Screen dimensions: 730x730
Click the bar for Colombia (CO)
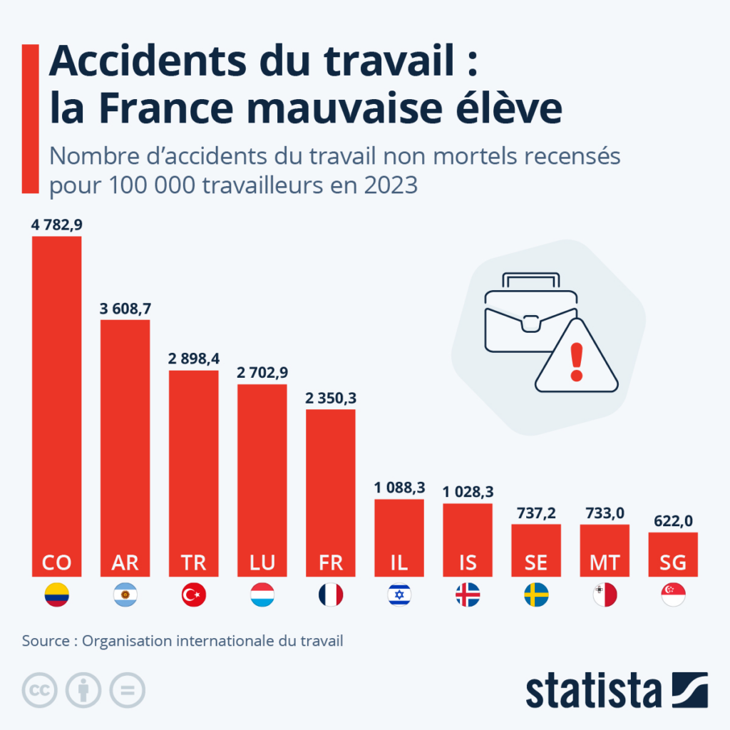57,399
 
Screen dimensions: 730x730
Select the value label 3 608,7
125,309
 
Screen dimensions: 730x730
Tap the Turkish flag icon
194,595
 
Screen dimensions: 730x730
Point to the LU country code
262,562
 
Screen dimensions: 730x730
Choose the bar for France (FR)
331,485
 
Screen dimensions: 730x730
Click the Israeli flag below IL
399,595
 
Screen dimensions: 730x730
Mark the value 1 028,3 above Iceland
468,492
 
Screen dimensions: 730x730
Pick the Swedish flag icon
536,595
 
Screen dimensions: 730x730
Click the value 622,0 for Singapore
673,521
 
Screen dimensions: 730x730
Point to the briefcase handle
530,280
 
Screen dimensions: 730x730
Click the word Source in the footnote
45,641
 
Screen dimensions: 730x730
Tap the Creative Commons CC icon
40,690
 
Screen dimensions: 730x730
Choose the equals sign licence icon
127,690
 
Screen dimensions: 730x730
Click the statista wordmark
594,690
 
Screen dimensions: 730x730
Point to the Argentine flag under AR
125,595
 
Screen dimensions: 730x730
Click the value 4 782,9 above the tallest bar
57,225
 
